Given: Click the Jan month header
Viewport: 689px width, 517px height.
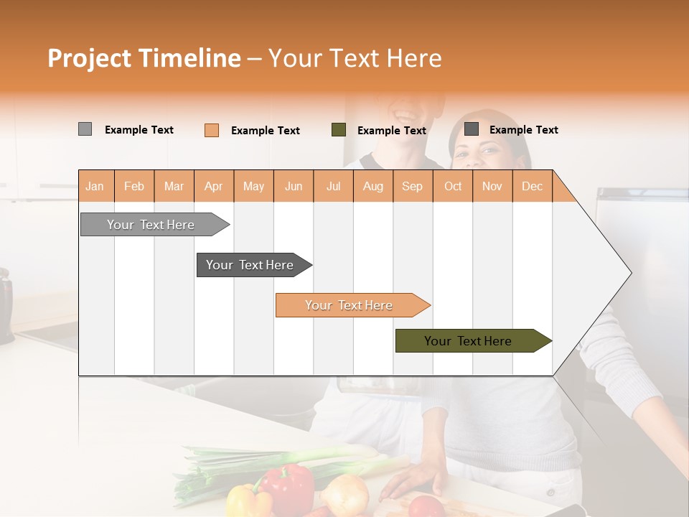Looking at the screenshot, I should click(95, 186).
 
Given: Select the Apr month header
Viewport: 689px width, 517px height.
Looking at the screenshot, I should click(214, 186).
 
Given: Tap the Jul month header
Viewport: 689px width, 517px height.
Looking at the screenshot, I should click(333, 186).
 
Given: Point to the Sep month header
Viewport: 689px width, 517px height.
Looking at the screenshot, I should click(412, 186).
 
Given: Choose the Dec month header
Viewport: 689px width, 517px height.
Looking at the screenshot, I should click(532, 186).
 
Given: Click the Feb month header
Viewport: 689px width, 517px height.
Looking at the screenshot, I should click(134, 186).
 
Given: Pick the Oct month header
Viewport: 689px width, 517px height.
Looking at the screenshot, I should click(453, 186).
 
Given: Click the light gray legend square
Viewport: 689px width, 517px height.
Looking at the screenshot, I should click(85, 129).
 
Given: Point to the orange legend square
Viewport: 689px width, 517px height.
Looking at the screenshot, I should click(212, 130).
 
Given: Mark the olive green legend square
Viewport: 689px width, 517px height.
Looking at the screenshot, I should click(339, 130).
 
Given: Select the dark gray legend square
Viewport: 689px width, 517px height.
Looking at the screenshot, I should click(472, 129).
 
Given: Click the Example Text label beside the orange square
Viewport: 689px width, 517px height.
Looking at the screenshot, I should click(266, 131).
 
